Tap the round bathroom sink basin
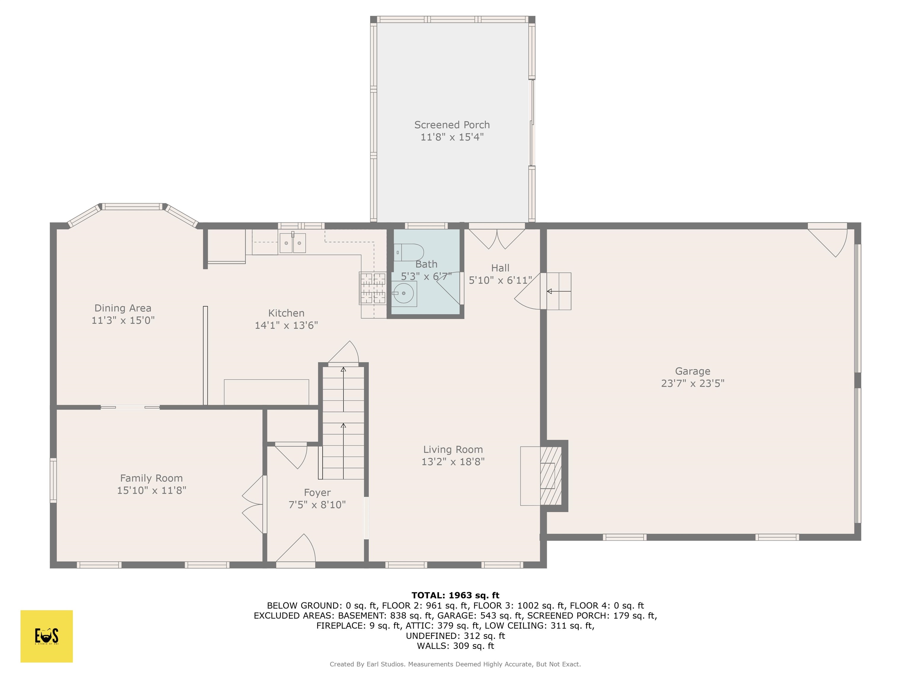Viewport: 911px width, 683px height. (404, 293)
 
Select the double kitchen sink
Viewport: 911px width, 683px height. (293, 243)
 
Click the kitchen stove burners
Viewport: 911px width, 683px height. (373, 288)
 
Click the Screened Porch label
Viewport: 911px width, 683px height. (452, 125)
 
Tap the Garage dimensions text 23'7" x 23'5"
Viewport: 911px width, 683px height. (692, 383)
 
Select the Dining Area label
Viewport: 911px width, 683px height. (123, 308)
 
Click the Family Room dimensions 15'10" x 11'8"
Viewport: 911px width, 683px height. (152, 490)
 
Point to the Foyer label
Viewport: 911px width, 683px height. (317, 492)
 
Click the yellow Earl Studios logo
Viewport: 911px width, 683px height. (47, 636)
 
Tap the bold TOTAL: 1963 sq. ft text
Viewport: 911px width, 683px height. (455, 595)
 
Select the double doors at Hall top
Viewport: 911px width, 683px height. (497, 238)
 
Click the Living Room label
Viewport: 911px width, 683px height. (453, 450)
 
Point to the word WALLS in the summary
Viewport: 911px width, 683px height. (432, 646)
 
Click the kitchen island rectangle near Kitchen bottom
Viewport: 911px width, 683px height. (266, 392)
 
